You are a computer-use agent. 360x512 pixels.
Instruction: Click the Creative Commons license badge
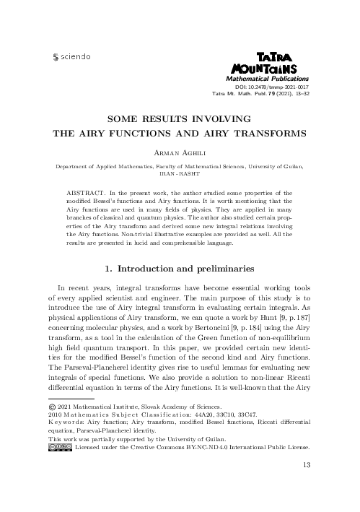[x=60, y=468]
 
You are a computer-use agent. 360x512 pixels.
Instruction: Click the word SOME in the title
[x=125, y=118]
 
